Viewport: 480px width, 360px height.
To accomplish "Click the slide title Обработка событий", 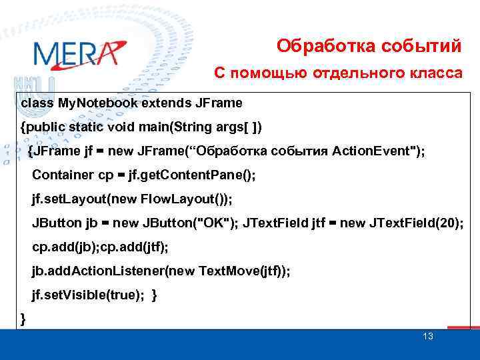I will (x=369, y=46).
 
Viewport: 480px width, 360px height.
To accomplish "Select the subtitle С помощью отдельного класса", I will (x=337, y=73).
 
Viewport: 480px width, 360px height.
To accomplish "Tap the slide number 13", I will (x=428, y=336).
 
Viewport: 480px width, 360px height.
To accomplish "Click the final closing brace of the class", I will (x=24, y=319).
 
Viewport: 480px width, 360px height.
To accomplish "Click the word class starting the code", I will (x=37, y=104).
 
